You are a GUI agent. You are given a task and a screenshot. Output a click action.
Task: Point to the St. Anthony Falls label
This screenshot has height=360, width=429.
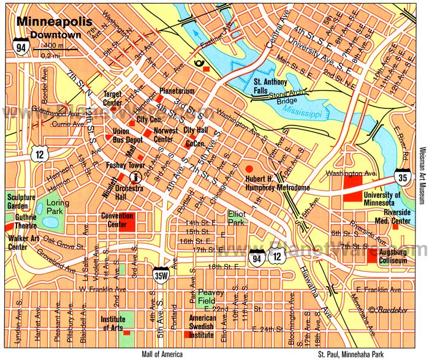tap(271, 85)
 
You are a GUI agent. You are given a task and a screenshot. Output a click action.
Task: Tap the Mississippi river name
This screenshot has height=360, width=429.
tap(323, 114)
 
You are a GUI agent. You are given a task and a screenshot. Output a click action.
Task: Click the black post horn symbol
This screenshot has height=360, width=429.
tap(198, 62)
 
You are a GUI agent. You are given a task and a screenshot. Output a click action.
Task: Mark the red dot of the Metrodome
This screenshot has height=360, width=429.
tap(249, 168)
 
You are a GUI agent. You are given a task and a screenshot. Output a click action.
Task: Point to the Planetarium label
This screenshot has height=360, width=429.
tap(177, 91)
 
